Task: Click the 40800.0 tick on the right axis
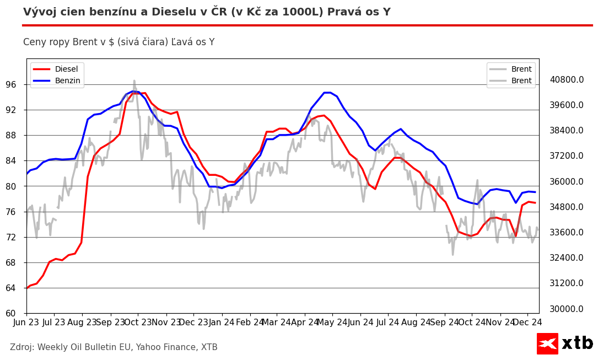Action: (x=567, y=79)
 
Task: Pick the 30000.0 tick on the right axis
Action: (x=567, y=309)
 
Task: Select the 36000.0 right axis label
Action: (x=567, y=181)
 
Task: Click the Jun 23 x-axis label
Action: (x=26, y=322)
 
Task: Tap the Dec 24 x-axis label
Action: (x=527, y=322)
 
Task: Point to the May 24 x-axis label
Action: (x=332, y=322)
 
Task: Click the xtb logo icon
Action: (x=547, y=343)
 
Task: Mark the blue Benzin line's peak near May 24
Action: (x=327, y=92)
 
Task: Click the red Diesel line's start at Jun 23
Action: (x=27, y=288)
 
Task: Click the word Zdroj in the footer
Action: (x=22, y=347)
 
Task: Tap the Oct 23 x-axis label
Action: (x=138, y=322)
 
